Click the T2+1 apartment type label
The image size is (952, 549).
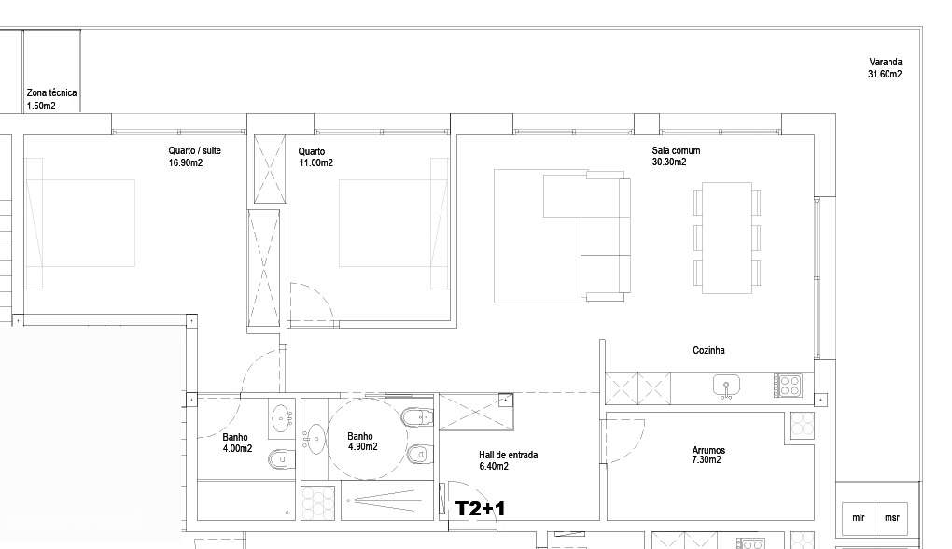coord(480,508)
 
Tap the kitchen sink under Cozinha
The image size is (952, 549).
coord(726,386)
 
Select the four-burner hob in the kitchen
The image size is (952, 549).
coord(789,385)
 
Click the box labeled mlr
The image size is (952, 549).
coord(858,517)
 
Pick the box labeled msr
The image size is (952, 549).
coord(892,517)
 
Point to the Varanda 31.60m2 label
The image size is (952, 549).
coord(884,68)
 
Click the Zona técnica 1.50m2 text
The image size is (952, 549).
coord(51,99)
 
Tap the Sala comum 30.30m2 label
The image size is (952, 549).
coord(675,156)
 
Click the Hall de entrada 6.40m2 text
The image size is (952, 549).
coord(508,460)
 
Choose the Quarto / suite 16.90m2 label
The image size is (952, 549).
coord(194,156)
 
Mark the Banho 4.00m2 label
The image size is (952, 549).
coord(236,443)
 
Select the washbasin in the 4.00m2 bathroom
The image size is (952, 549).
coord(280,419)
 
